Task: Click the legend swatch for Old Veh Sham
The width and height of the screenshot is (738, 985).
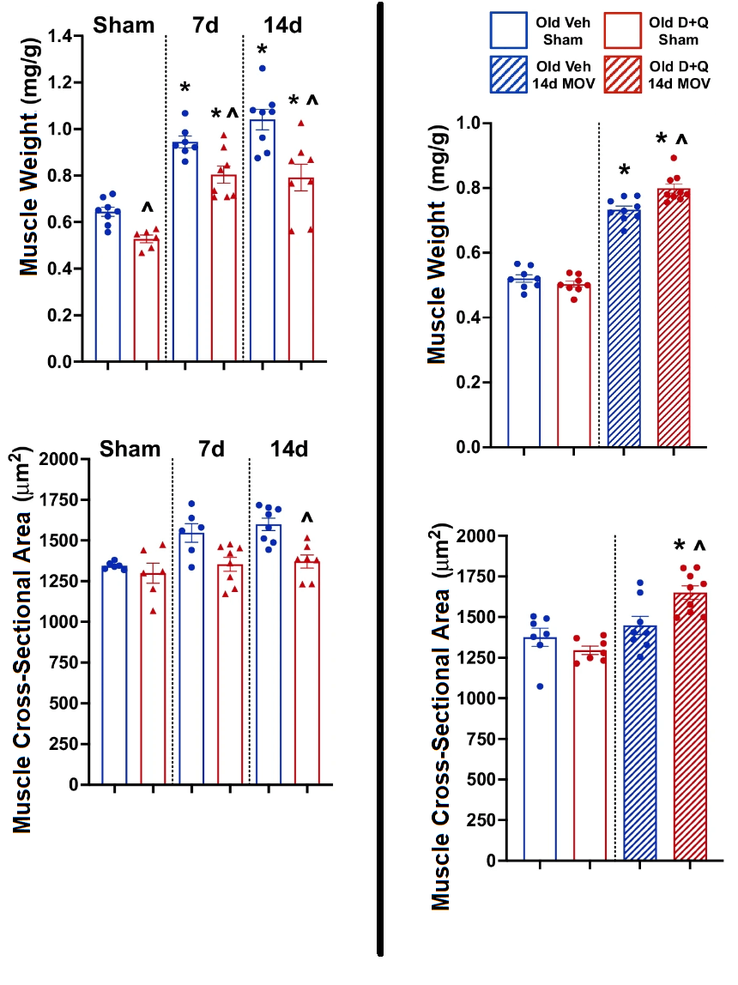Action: (519, 30)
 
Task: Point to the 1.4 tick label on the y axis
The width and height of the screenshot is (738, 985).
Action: (60, 36)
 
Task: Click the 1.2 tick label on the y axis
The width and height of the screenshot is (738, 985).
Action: (60, 82)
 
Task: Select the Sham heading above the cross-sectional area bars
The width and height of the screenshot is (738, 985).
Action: (129, 449)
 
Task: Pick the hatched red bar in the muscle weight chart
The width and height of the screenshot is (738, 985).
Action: (674, 317)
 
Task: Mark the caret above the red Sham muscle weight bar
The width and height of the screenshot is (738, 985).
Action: (148, 208)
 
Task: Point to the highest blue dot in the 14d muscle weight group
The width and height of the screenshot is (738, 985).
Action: (262, 68)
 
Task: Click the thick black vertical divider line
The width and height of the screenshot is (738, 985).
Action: (379, 480)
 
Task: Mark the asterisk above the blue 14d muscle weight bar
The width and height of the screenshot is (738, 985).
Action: (262, 50)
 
